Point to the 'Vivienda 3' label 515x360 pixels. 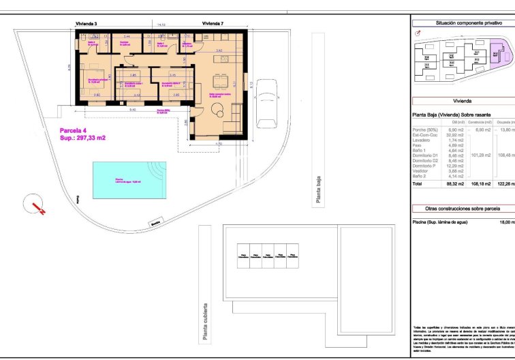[x=87, y=24]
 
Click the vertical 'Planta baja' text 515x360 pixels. [x=318, y=190]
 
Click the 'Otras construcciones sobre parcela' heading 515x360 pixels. [x=463, y=208]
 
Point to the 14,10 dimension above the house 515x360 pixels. [x=161, y=25]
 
